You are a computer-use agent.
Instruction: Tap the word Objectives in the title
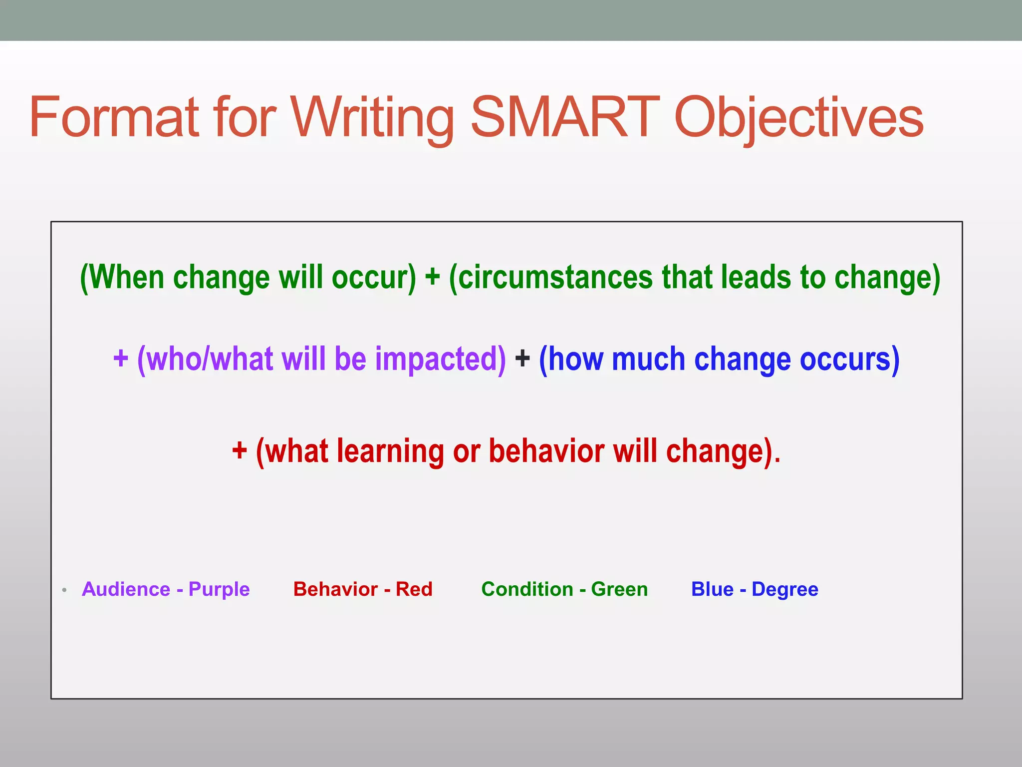[798, 119]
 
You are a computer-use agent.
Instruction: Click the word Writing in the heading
[372, 119]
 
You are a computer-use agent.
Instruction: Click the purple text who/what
[209, 360]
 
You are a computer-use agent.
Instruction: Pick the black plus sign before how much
[522, 359]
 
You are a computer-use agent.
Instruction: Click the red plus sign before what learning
[240, 450]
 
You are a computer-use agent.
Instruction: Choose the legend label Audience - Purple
[166, 589]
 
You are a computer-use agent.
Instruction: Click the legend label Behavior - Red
[363, 589]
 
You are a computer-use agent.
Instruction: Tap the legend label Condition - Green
[564, 589]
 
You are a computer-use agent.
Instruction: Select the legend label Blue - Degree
[755, 589]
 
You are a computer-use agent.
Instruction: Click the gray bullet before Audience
[64, 590]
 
